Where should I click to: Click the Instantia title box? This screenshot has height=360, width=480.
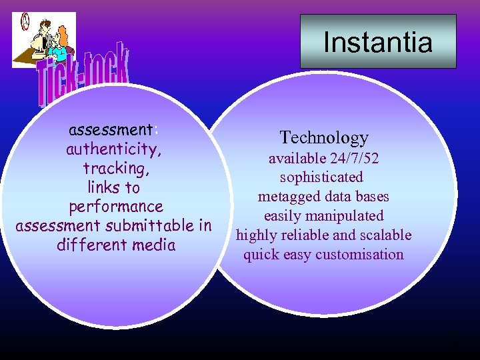[x=378, y=42]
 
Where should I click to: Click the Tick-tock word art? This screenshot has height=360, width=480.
[x=83, y=77]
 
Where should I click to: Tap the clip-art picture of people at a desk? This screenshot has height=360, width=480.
[x=44, y=39]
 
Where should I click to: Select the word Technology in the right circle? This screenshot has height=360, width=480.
[x=324, y=137]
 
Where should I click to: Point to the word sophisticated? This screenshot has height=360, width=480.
[x=321, y=177]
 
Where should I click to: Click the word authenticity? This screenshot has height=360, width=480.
[x=113, y=149]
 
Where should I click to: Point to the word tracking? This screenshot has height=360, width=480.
[x=115, y=168]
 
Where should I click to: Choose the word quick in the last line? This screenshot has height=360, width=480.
[x=262, y=254]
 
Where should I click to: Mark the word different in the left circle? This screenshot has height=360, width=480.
[x=93, y=245]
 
